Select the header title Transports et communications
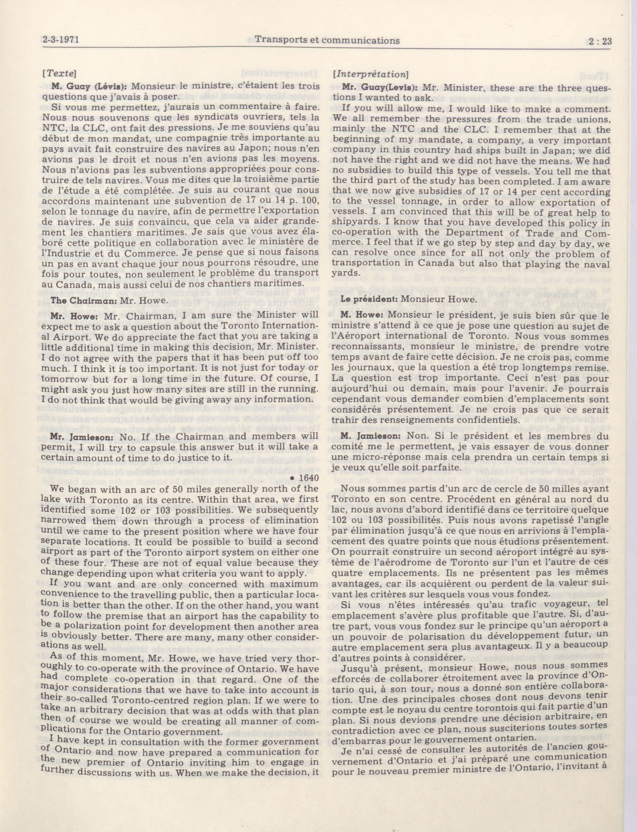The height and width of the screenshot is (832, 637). pyautogui.click(x=327, y=40)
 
